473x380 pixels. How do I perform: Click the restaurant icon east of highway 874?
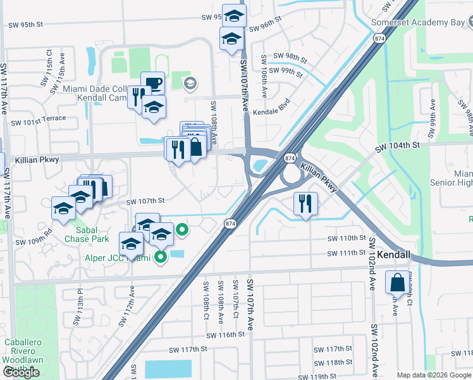point(305,203)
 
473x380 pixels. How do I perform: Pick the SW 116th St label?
point(224,334)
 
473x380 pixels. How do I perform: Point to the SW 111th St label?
point(347,253)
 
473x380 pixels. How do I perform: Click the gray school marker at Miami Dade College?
point(189,83)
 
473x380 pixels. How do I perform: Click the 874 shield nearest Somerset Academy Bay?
point(379,39)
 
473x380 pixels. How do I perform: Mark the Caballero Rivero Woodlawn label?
point(27,350)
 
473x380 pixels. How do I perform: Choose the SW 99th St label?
point(286,71)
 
